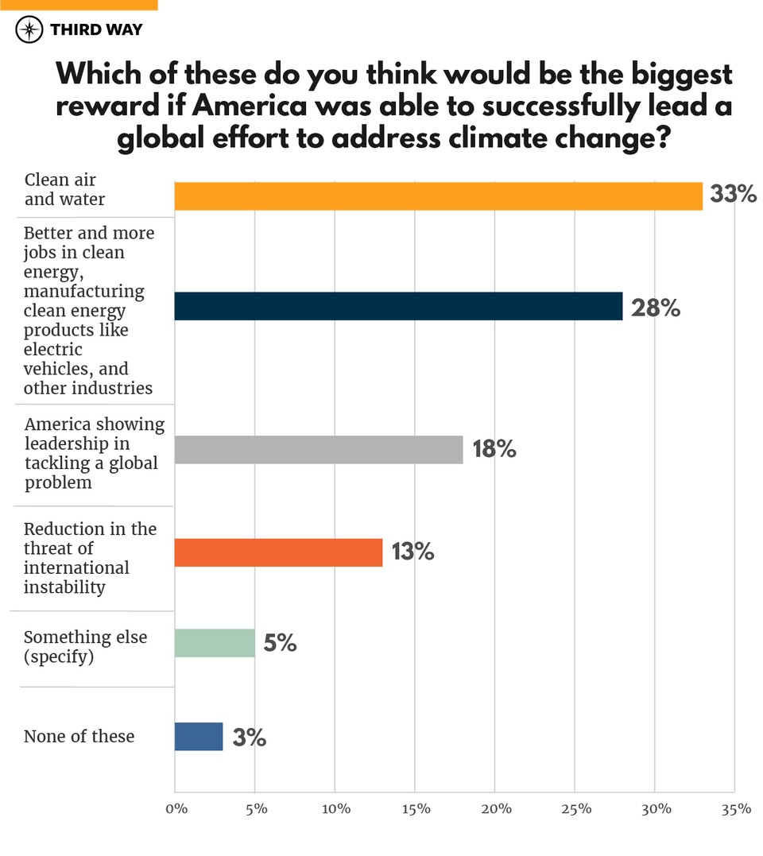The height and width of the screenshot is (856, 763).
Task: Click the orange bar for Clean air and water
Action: click(438, 196)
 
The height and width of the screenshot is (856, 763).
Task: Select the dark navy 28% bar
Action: click(398, 306)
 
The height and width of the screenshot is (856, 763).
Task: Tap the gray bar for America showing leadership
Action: click(318, 449)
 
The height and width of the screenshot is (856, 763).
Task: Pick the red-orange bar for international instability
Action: click(278, 552)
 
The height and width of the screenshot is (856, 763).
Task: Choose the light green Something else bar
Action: click(215, 642)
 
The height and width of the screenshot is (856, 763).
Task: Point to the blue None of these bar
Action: click(199, 736)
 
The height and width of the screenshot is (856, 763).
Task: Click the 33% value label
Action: click(733, 195)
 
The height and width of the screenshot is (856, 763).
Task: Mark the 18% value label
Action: click(494, 449)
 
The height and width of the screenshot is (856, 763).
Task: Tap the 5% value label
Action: click(280, 642)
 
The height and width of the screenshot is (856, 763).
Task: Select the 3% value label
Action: click(249, 738)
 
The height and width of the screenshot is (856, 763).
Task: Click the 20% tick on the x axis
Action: click(495, 809)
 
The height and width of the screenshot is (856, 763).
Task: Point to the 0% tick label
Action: click(175, 809)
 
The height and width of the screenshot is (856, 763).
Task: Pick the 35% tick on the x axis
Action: click(736, 809)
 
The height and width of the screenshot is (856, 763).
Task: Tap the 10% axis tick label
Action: click(335, 809)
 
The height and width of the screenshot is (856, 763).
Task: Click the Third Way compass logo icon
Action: click(29, 30)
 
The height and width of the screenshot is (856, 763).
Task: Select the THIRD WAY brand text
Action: click(96, 30)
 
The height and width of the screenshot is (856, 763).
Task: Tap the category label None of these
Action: click(79, 736)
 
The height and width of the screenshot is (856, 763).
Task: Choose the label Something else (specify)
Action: click(85, 647)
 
